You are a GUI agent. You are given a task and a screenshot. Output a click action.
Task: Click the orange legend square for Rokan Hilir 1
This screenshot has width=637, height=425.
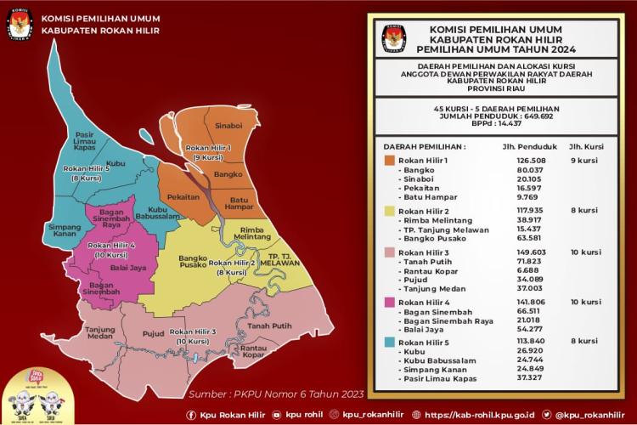pyautogui.click(x=389, y=159)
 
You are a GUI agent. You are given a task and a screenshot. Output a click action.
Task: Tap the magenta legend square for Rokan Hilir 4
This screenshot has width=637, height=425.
pyautogui.click(x=389, y=301)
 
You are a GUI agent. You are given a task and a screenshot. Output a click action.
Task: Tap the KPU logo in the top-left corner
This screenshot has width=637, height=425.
pyautogui.click(x=16, y=23)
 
